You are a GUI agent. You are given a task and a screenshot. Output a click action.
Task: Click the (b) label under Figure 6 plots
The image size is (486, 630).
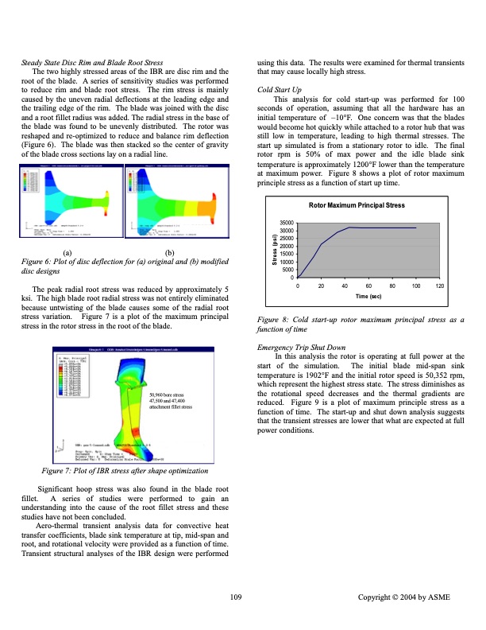pyautogui.click(x=168, y=251)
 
